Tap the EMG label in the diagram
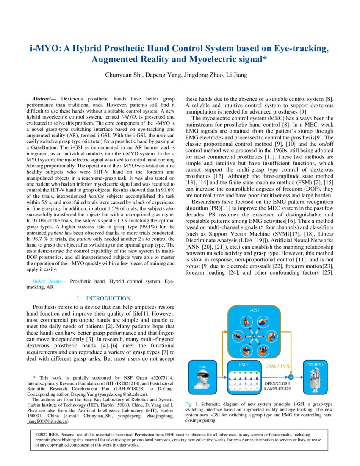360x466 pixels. click(244, 364)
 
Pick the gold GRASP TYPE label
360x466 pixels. click(278, 366)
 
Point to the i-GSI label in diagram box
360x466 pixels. click(254, 311)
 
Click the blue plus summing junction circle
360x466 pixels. click(291, 377)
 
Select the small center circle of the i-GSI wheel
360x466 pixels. click(254, 336)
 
